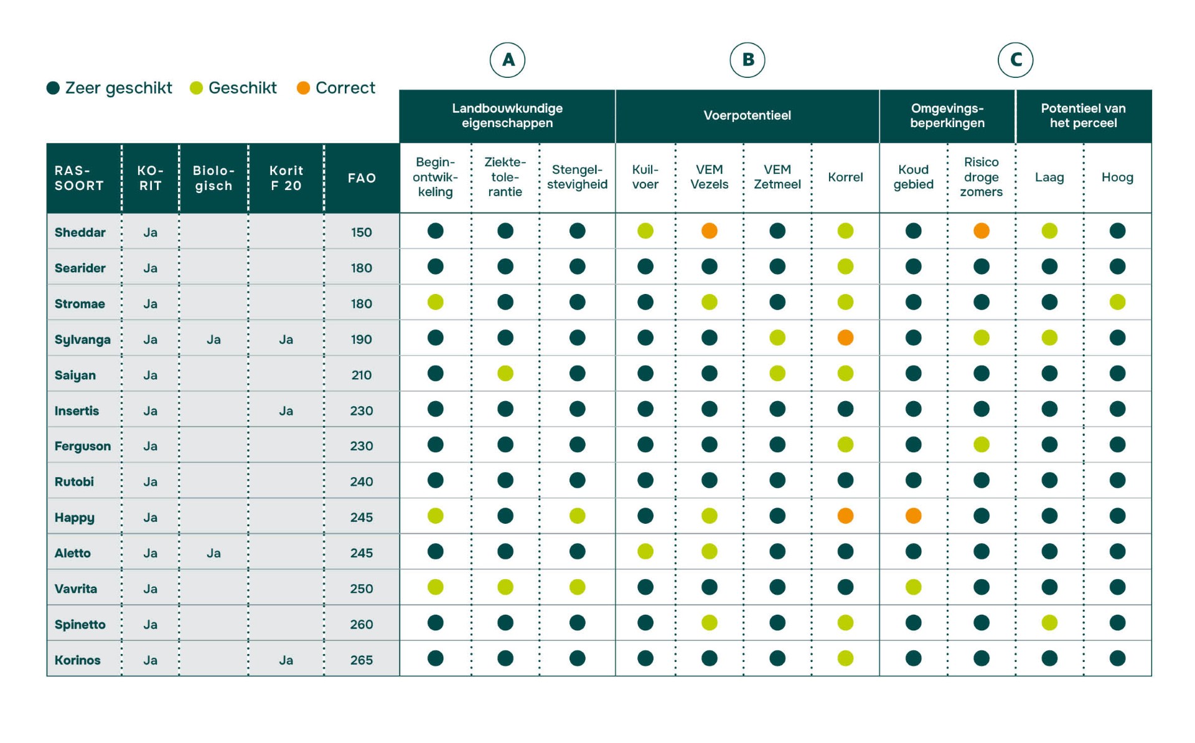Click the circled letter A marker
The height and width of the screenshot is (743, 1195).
pos(507,60)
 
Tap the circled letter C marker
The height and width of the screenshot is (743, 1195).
pos(1015,60)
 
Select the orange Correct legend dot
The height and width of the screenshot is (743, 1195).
pos(303,88)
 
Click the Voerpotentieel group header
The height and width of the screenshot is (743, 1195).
pos(747,116)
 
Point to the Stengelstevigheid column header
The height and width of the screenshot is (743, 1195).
pos(577,177)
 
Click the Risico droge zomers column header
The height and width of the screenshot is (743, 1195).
pos(981,177)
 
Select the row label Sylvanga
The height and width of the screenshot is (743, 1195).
pos(83,339)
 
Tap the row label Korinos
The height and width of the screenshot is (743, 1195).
pos(78,660)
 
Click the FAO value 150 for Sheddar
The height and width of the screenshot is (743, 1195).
pos(361,232)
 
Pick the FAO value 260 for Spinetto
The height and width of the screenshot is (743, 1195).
pos(361,624)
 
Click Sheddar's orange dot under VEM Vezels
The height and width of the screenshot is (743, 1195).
pos(709,231)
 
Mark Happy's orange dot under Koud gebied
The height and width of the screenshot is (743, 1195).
pos(913,516)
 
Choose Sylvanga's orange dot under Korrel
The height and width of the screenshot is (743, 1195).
pos(845,338)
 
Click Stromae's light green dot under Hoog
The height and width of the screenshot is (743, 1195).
pos(1117,302)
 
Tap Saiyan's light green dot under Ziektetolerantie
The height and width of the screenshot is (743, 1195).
pos(505,374)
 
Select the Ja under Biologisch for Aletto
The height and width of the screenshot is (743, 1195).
pos(213,553)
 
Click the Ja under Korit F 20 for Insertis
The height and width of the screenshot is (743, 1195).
pos(286,411)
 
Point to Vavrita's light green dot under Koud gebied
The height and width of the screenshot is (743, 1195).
pos(913,587)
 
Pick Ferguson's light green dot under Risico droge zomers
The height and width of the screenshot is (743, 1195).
pos(981,445)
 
